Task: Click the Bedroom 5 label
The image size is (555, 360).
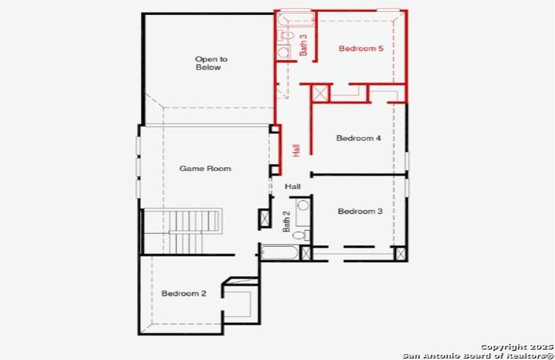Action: click(361, 49)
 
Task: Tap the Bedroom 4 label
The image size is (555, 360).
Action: click(358, 138)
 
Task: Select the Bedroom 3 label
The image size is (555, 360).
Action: click(360, 211)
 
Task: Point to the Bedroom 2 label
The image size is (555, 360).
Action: click(184, 293)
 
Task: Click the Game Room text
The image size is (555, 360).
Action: click(205, 169)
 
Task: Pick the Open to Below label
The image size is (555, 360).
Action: click(211, 63)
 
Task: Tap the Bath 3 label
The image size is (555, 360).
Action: click(303, 45)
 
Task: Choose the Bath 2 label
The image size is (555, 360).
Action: click(286, 221)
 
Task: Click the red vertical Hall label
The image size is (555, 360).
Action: click(296, 151)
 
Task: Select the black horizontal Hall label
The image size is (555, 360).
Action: click(292, 187)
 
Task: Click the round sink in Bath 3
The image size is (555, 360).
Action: click(283, 52)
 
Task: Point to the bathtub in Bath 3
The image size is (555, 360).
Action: click(296, 19)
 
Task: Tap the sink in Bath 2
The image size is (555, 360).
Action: click(303, 205)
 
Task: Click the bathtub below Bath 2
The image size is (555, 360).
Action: click(280, 253)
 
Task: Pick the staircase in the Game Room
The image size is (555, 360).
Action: click(183, 231)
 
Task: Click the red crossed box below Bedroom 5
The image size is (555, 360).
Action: click(320, 94)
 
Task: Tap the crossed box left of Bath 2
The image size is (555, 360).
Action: click(265, 218)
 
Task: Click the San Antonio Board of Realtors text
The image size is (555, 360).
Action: click(478, 355)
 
